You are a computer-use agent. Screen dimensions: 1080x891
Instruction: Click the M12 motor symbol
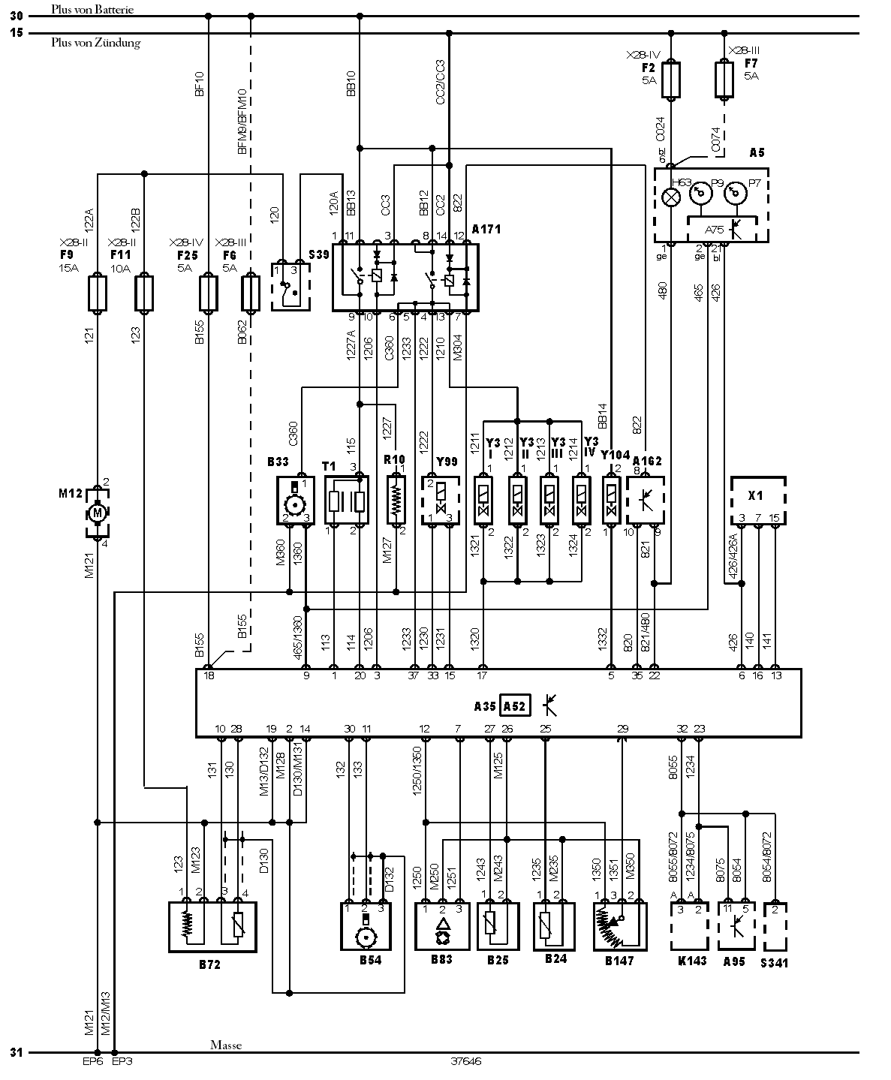pos(97,513)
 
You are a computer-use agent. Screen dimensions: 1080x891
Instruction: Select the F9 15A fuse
pos(97,293)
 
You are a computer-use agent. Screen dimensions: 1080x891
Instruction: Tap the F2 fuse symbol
pos(671,80)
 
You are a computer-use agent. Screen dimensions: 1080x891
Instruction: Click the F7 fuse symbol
pos(724,80)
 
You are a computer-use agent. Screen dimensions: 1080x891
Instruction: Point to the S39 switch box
pos(290,286)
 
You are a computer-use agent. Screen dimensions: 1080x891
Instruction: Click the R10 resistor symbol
pos(395,499)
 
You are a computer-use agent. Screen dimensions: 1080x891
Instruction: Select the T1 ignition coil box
pos(347,500)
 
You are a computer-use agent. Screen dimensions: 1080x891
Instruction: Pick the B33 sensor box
pos(297,500)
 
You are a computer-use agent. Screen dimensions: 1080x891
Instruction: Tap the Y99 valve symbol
pos(441,500)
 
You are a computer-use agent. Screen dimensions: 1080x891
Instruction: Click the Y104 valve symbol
pos(611,500)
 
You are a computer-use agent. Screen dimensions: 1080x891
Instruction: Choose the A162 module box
pos(648,500)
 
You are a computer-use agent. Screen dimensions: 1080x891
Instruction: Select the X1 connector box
pos(757,500)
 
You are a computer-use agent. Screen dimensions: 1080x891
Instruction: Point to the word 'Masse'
pos(226,1044)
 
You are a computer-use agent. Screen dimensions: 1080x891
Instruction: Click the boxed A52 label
pos(515,705)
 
